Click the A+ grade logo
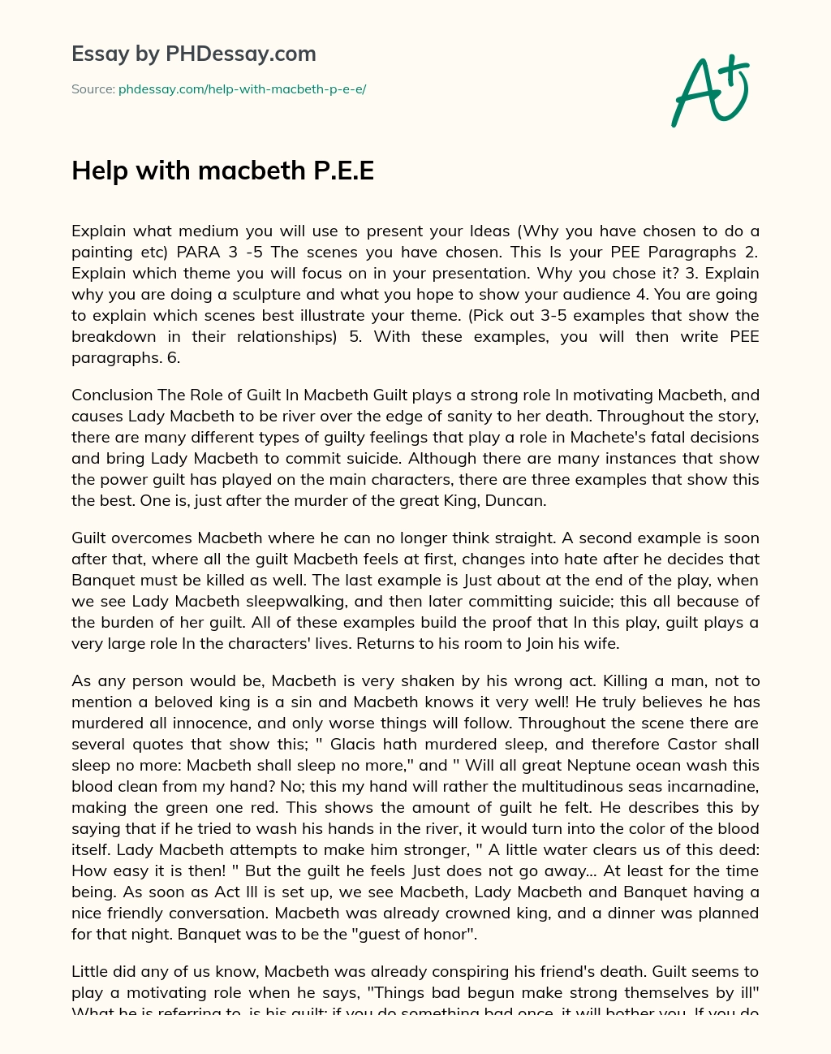708,91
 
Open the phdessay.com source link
242,89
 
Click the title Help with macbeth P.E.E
223,171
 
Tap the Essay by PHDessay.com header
194,54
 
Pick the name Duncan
515,501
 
